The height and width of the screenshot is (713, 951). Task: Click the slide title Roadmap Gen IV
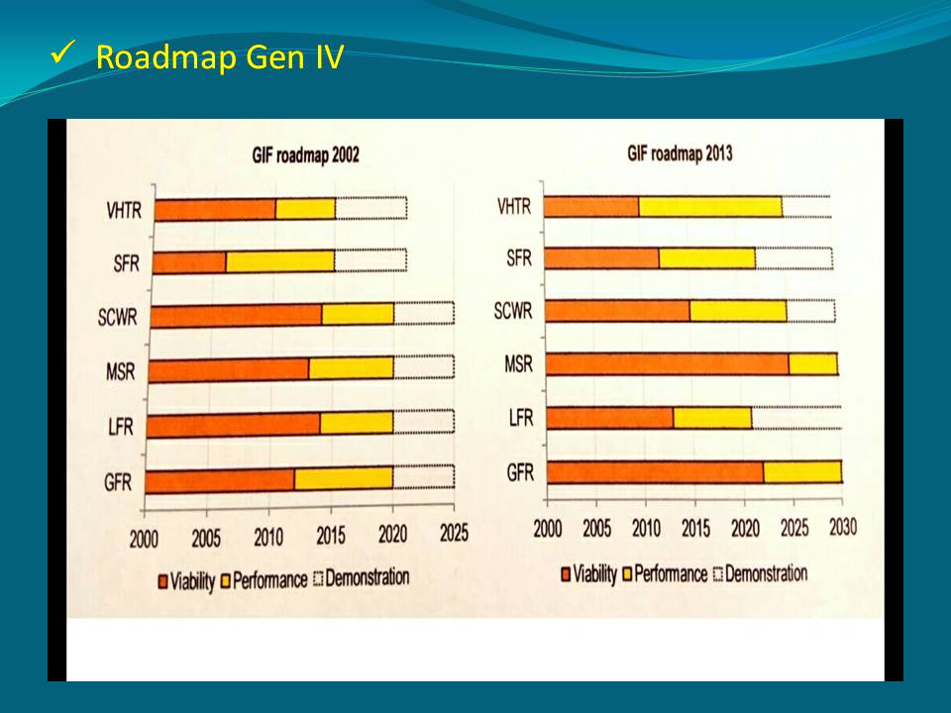click(x=219, y=58)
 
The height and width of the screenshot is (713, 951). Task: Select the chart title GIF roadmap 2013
click(x=680, y=153)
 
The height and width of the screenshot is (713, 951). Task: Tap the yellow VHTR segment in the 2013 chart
click(x=709, y=206)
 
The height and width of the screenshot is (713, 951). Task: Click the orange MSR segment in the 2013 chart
click(x=667, y=363)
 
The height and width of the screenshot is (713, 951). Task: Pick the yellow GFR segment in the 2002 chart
click(x=343, y=479)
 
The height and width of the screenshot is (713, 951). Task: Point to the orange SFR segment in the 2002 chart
click(x=190, y=261)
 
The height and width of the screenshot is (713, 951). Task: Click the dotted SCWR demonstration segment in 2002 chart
click(x=423, y=314)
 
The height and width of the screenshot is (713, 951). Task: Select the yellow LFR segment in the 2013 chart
click(x=712, y=418)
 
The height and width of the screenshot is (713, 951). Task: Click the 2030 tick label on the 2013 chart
click(x=841, y=527)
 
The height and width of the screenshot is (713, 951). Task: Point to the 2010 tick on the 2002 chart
click(x=268, y=537)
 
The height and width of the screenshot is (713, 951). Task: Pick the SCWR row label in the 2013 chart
click(x=513, y=311)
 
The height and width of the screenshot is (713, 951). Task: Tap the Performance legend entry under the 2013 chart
click(x=663, y=574)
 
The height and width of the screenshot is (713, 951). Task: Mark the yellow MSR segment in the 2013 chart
click(x=812, y=363)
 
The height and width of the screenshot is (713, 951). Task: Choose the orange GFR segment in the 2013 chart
click(x=655, y=472)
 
